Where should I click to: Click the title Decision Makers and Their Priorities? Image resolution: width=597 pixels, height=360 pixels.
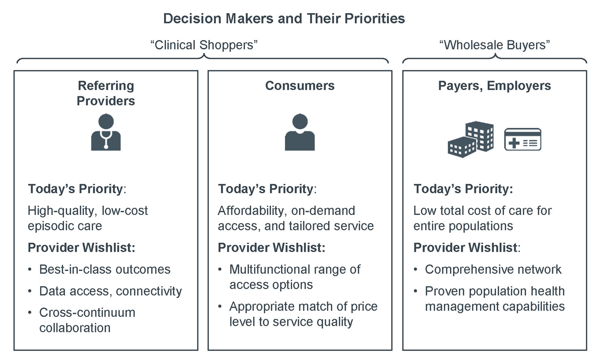click(284, 19)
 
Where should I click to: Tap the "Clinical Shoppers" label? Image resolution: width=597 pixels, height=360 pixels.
click(204, 45)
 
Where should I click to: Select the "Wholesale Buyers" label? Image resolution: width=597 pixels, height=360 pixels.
click(494, 45)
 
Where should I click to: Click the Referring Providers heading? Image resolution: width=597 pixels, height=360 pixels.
click(106, 93)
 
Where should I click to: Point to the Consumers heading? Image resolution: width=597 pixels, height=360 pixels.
click(300, 86)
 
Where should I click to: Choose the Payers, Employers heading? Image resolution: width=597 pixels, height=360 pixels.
click(495, 86)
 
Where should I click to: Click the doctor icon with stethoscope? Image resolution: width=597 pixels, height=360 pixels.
click(106, 132)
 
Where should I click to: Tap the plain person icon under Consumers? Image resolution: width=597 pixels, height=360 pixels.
click(300, 132)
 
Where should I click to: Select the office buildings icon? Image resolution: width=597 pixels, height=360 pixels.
click(471, 139)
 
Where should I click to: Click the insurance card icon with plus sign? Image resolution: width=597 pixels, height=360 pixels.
click(523, 139)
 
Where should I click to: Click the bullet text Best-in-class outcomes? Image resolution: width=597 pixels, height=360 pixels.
click(105, 269)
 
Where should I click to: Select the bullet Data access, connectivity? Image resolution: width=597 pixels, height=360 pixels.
click(110, 291)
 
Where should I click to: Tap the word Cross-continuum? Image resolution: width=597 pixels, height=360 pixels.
click(87, 313)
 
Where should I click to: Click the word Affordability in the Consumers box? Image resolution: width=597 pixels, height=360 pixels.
click(252, 211)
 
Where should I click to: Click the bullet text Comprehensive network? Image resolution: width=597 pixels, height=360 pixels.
click(493, 269)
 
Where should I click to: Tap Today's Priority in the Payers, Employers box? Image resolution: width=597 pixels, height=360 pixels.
click(463, 189)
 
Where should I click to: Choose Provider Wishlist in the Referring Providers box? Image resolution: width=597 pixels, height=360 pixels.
click(81, 247)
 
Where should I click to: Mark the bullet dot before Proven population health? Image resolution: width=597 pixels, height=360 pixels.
click(415, 291)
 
